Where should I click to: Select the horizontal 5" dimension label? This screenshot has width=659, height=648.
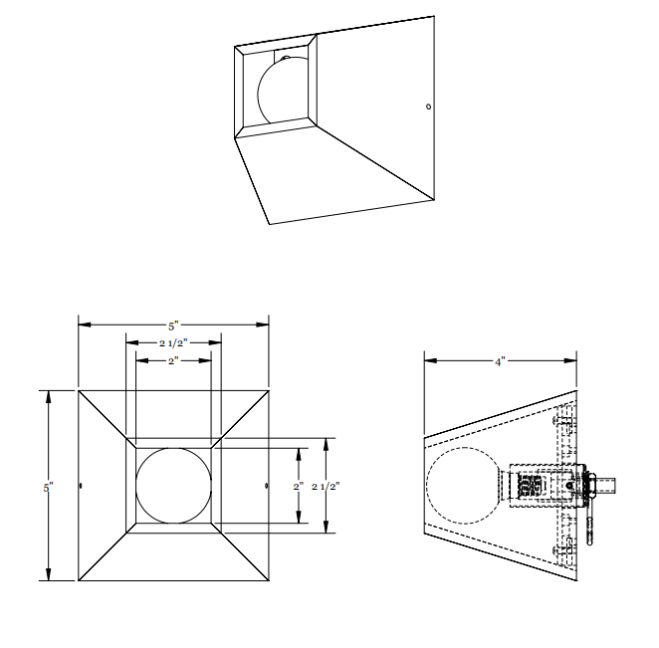[173, 325]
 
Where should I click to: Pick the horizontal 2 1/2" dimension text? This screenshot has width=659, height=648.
[173, 342]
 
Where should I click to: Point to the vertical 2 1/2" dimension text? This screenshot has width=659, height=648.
[327, 486]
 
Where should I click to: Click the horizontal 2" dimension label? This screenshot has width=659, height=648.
[173, 359]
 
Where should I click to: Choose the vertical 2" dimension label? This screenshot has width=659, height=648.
[298, 486]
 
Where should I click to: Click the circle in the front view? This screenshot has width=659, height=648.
[173, 486]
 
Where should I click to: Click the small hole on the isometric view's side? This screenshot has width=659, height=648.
[428, 106]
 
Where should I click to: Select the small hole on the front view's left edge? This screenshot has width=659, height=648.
[81, 486]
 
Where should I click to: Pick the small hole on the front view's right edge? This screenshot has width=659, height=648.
[266, 486]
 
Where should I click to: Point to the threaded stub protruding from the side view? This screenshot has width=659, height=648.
[609, 486]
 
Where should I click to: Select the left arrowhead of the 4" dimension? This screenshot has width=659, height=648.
[429, 360]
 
